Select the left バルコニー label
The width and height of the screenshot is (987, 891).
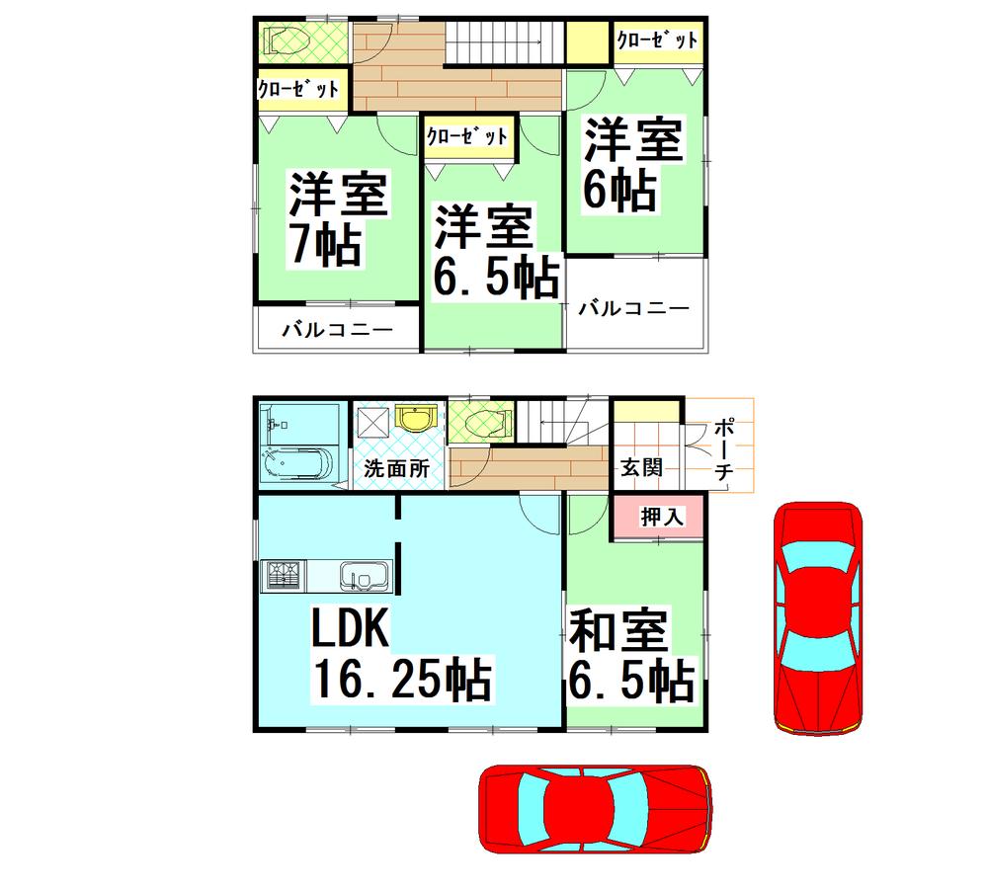coord(336,329)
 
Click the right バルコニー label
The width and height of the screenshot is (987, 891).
coord(633,308)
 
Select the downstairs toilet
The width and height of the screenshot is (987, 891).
coord(481,422)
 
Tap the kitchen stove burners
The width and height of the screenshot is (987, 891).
coord(283,575)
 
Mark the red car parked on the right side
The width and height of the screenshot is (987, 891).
coord(818,618)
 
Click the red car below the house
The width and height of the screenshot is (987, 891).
coord(596,809)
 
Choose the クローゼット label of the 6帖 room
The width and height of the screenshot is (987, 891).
coord(657,40)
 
